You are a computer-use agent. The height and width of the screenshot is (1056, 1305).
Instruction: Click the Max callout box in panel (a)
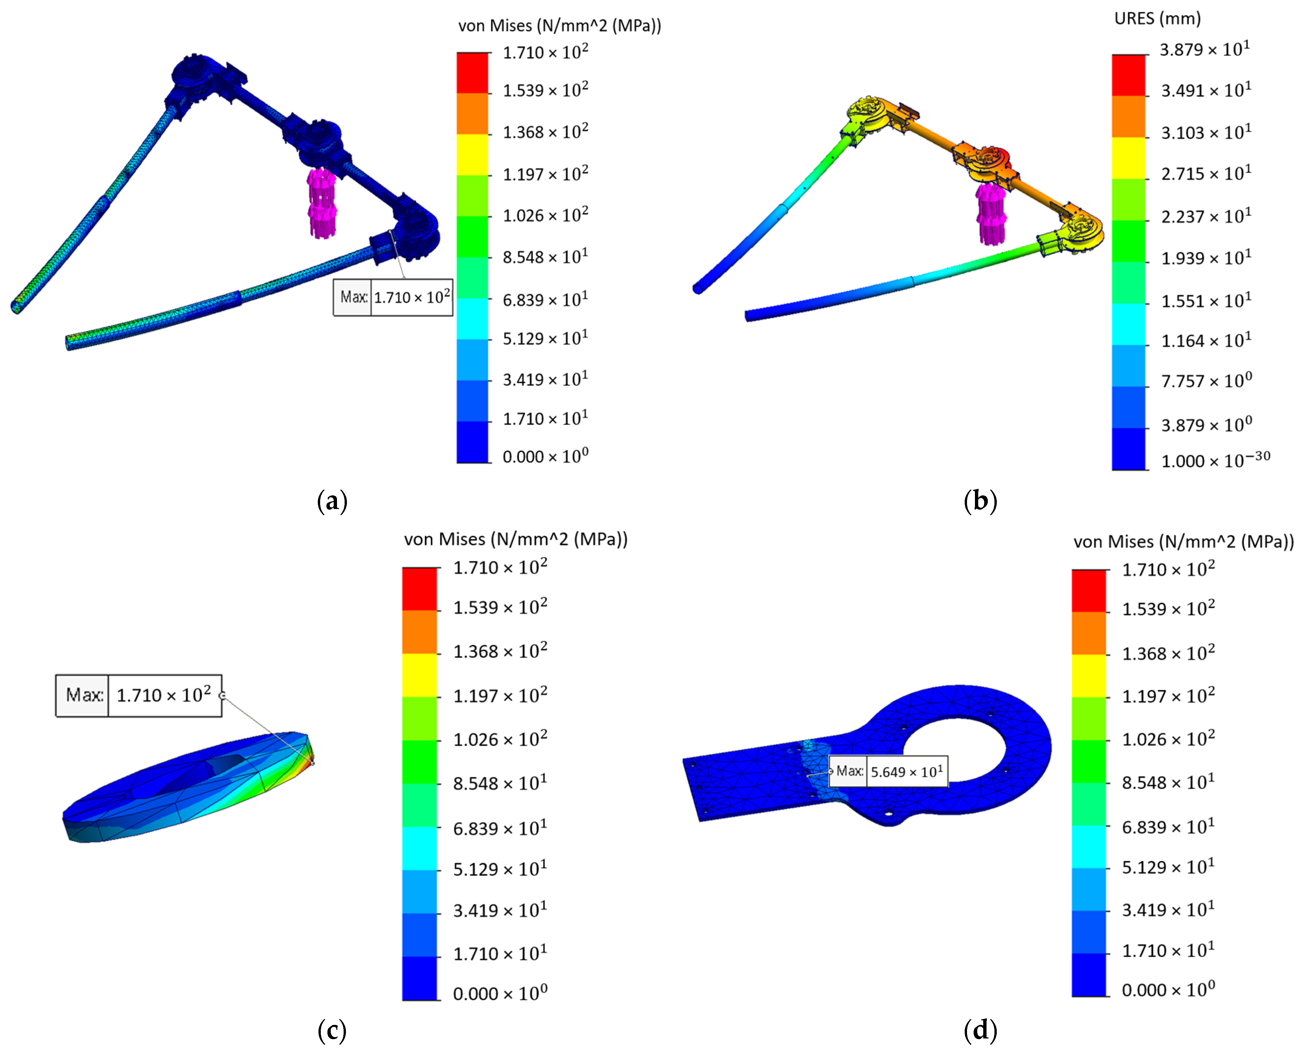point(393,297)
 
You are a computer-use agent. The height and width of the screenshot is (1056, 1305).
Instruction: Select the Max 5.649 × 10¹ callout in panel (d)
point(888,771)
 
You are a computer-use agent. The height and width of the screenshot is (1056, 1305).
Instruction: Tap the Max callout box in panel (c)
point(139,695)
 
